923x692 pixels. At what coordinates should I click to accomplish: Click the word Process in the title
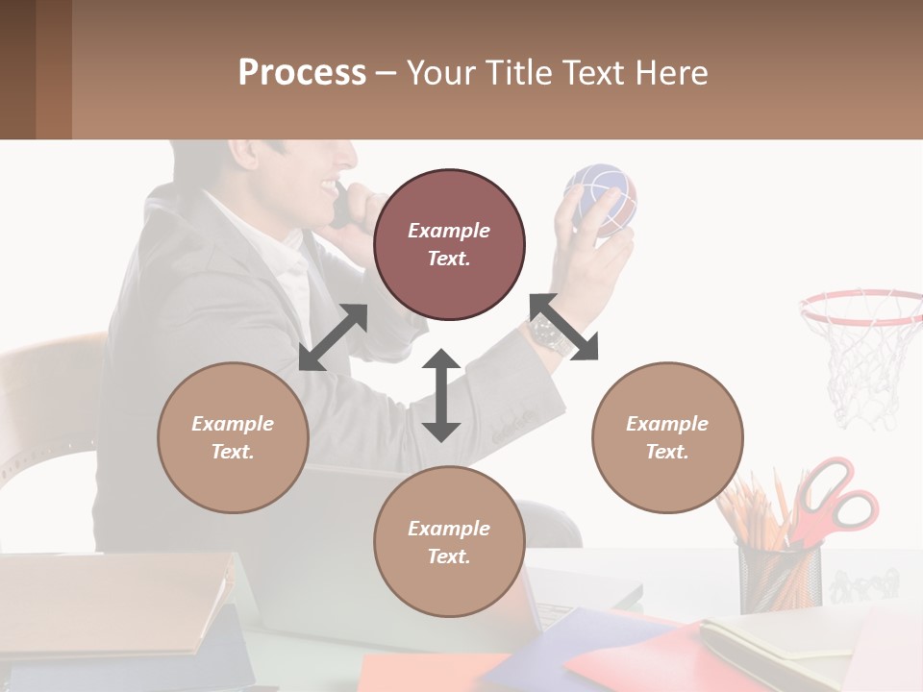point(302,72)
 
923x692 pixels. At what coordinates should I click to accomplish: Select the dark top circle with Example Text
point(449,244)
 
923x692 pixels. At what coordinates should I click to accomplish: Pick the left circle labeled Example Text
point(233,437)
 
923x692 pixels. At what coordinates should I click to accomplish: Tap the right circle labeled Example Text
point(667,437)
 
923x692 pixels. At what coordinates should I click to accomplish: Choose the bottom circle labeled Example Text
point(449,542)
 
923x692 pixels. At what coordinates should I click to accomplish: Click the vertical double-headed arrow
point(441,395)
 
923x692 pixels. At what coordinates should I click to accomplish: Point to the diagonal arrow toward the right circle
point(563,328)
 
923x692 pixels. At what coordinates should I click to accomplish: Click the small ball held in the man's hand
point(602,198)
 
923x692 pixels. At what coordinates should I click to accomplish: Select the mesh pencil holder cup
point(779,575)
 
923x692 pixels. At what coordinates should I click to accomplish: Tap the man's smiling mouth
point(330,183)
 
